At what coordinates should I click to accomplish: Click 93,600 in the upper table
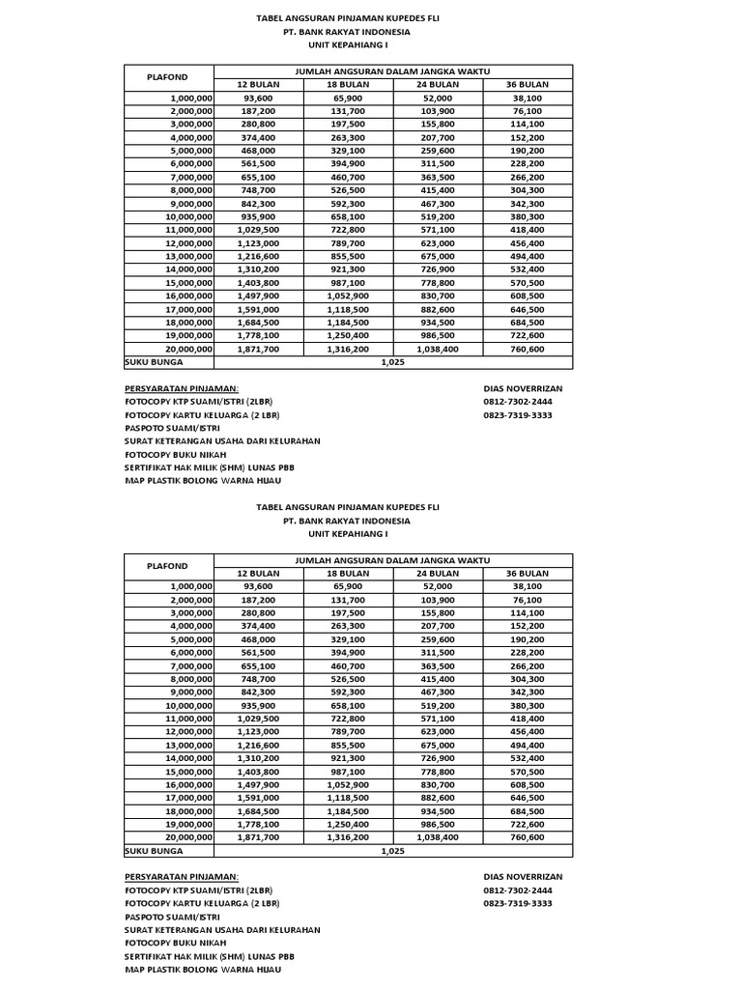pyautogui.click(x=258, y=98)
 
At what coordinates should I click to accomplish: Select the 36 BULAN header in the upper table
pyautogui.click(x=528, y=85)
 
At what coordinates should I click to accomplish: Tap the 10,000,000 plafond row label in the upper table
pyautogui.click(x=189, y=217)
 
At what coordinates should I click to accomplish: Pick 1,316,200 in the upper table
pyautogui.click(x=348, y=349)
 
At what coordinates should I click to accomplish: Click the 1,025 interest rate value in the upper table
pyautogui.click(x=392, y=362)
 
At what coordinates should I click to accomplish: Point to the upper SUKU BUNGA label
pyautogui.click(x=154, y=362)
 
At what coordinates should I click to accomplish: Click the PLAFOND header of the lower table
pyautogui.click(x=167, y=566)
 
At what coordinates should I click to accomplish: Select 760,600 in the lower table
pyautogui.click(x=528, y=837)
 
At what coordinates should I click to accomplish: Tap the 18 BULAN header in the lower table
pyautogui.click(x=348, y=573)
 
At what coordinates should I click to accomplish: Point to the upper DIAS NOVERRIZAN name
pyautogui.click(x=522, y=387)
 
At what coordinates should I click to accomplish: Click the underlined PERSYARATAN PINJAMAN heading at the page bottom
pyautogui.click(x=181, y=876)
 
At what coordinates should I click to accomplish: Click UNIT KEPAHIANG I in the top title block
pyautogui.click(x=346, y=45)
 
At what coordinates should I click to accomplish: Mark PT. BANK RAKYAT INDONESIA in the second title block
pyautogui.click(x=346, y=521)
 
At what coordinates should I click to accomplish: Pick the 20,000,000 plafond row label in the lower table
pyautogui.click(x=189, y=837)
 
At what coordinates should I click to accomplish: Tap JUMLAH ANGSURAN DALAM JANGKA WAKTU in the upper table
pyautogui.click(x=392, y=71)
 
